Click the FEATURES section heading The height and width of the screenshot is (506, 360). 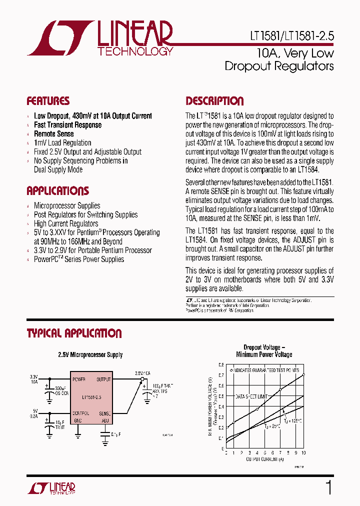coord(48,101)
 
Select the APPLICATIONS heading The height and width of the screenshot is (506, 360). coord(57,191)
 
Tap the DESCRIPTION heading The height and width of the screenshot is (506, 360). coord(214,101)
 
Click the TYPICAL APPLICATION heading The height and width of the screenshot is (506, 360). coord(74,333)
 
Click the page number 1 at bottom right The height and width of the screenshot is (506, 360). coord(328,487)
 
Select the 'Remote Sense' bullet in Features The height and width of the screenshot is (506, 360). coord(53,134)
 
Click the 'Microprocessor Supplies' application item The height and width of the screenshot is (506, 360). coord(67,206)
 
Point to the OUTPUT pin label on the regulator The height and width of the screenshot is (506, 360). coord(103,379)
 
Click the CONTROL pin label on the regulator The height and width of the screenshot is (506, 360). coord(81,413)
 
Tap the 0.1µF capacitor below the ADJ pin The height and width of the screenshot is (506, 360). coord(105,434)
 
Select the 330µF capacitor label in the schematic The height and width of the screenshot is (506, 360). coord(61,388)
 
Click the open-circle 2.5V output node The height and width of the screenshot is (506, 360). coord(142,379)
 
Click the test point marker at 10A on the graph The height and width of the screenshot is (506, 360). coord(303,374)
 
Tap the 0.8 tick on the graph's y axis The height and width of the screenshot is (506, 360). coord(221,364)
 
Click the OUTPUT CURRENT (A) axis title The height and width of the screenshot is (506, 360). coord(264,458)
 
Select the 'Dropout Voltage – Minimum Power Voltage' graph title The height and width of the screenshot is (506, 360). coord(264,351)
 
